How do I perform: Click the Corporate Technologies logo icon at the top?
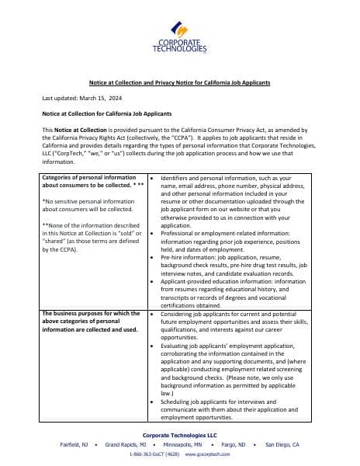point(180,29)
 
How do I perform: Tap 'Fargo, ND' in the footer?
point(229,444)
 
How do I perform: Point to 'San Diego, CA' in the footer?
point(282,444)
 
